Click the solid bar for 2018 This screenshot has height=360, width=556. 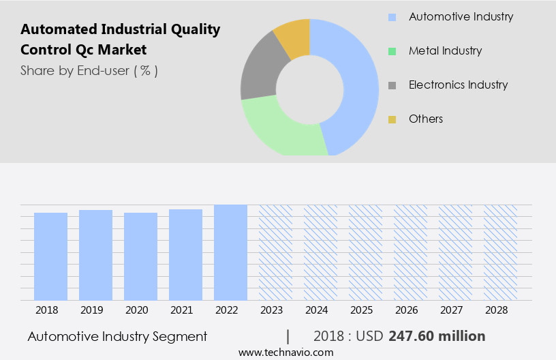[50, 256]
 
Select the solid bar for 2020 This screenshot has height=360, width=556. [140, 256]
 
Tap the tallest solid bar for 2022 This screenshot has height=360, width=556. [230, 252]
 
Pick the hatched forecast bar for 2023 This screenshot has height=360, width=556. [275, 252]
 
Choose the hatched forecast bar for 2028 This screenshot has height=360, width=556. [500, 252]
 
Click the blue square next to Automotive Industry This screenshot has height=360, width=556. [392, 17]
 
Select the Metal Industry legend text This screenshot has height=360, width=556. [445, 50]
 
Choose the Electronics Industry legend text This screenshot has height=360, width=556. [458, 85]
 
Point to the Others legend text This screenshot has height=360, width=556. [426, 119]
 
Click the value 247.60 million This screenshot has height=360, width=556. [437, 336]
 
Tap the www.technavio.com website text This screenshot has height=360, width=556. [285, 352]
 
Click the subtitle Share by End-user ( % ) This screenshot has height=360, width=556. [89, 70]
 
